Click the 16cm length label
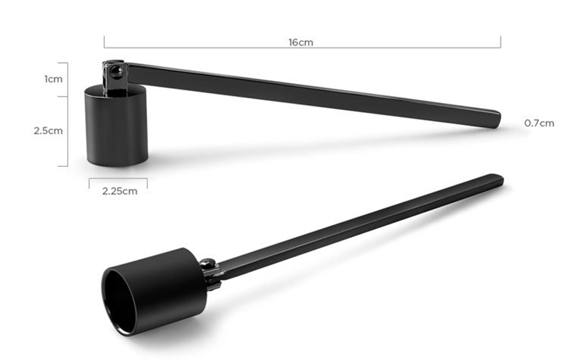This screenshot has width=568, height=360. pyautogui.click(x=301, y=43)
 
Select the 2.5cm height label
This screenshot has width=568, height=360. pyautogui.click(x=48, y=131)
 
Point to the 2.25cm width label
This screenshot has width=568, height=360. pyautogui.click(x=119, y=190)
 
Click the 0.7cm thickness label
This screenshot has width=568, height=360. pyautogui.click(x=539, y=123)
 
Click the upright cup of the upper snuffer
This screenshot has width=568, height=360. pyautogui.click(x=116, y=128)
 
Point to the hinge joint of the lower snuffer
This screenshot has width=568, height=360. pyautogui.click(x=210, y=273)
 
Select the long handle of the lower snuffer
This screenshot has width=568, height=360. pyautogui.click(x=355, y=227)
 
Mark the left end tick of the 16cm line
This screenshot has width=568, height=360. pyautogui.click(x=104, y=43)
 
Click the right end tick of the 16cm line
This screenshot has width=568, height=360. pyautogui.click(x=501, y=43)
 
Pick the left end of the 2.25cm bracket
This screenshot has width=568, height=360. pyautogui.click(x=89, y=183)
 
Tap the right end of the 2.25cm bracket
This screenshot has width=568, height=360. pyautogui.click(x=147, y=183)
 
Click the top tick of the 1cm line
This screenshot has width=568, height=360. pyautogui.click(x=68, y=62)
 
